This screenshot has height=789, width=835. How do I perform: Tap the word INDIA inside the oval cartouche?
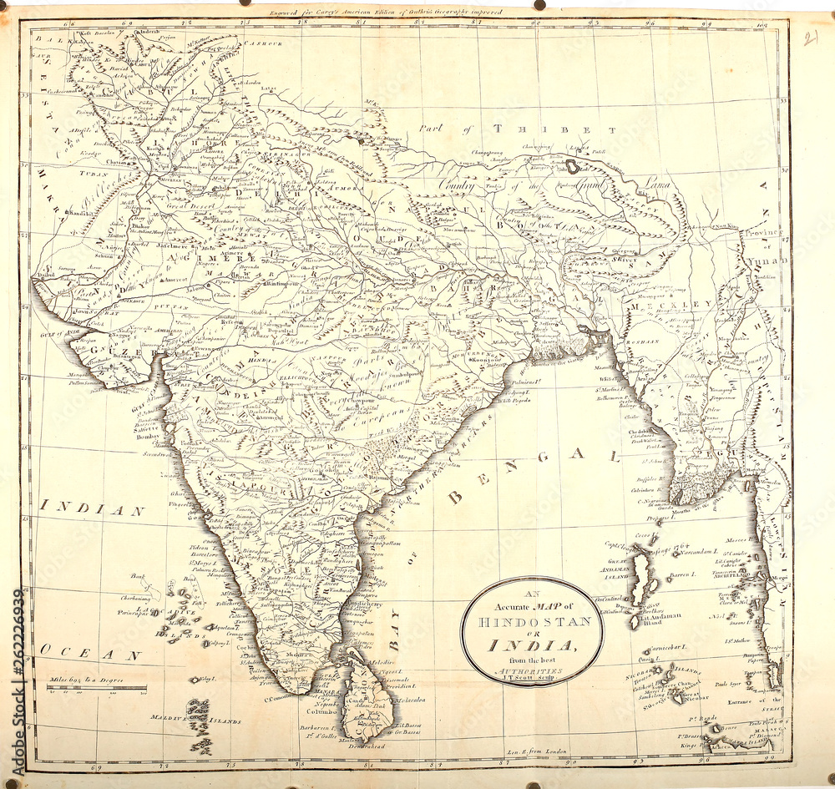coord(532,646)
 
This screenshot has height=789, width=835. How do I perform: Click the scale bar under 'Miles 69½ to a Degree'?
coord(97,689)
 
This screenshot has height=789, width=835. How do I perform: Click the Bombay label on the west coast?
coord(146,437)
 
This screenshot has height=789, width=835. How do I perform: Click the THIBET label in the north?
coord(554,129)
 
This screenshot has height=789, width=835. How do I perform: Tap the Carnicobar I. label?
coord(669,647)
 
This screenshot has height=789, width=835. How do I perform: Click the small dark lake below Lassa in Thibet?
coord(573,166)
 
